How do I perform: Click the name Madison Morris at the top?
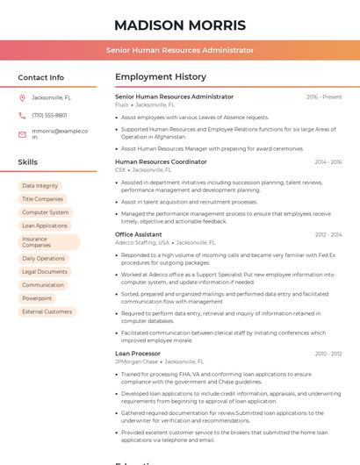pyautogui.click(x=180, y=25)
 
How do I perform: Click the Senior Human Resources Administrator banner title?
pyautogui.click(x=180, y=50)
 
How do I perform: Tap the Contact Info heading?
pyautogui.click(x=40, y=77)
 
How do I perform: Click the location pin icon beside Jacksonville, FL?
pyautogui.click(x=22, y=97)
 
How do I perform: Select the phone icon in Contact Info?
pyautogui.click(x=22, y=115)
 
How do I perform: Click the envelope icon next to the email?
pyautogui.click(x=22, y=134)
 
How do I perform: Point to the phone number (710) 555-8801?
pyautogui.click(x=49, y=115)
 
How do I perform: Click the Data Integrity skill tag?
pyautogui.click(x=40, y=186)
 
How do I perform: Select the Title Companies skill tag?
pyautogui.click(x=42, y=199)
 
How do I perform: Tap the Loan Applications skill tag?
pyautogui.click(x=45, y=225)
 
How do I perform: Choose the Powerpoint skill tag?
pyautogui.click(x=37, y=298)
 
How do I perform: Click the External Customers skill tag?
pyautogui.click(x=47, y=311)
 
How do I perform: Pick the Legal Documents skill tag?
pyautogui.click(x=45, y=272)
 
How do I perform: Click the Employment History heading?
pyautogui.click(x=161, y=77)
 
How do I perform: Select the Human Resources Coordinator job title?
pyautogui.click(x=161, y=161)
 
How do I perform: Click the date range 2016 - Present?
pyautogui.click(x=324, y=97)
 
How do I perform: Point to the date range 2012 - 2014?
pyautogui.click(x=328, y=234)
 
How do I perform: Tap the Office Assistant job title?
pyautogui.click(x=138, y=234)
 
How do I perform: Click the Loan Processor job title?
pyautogui.click(x=138, y=354)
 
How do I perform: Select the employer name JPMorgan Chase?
pyautogui.click(x=136, y=361)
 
